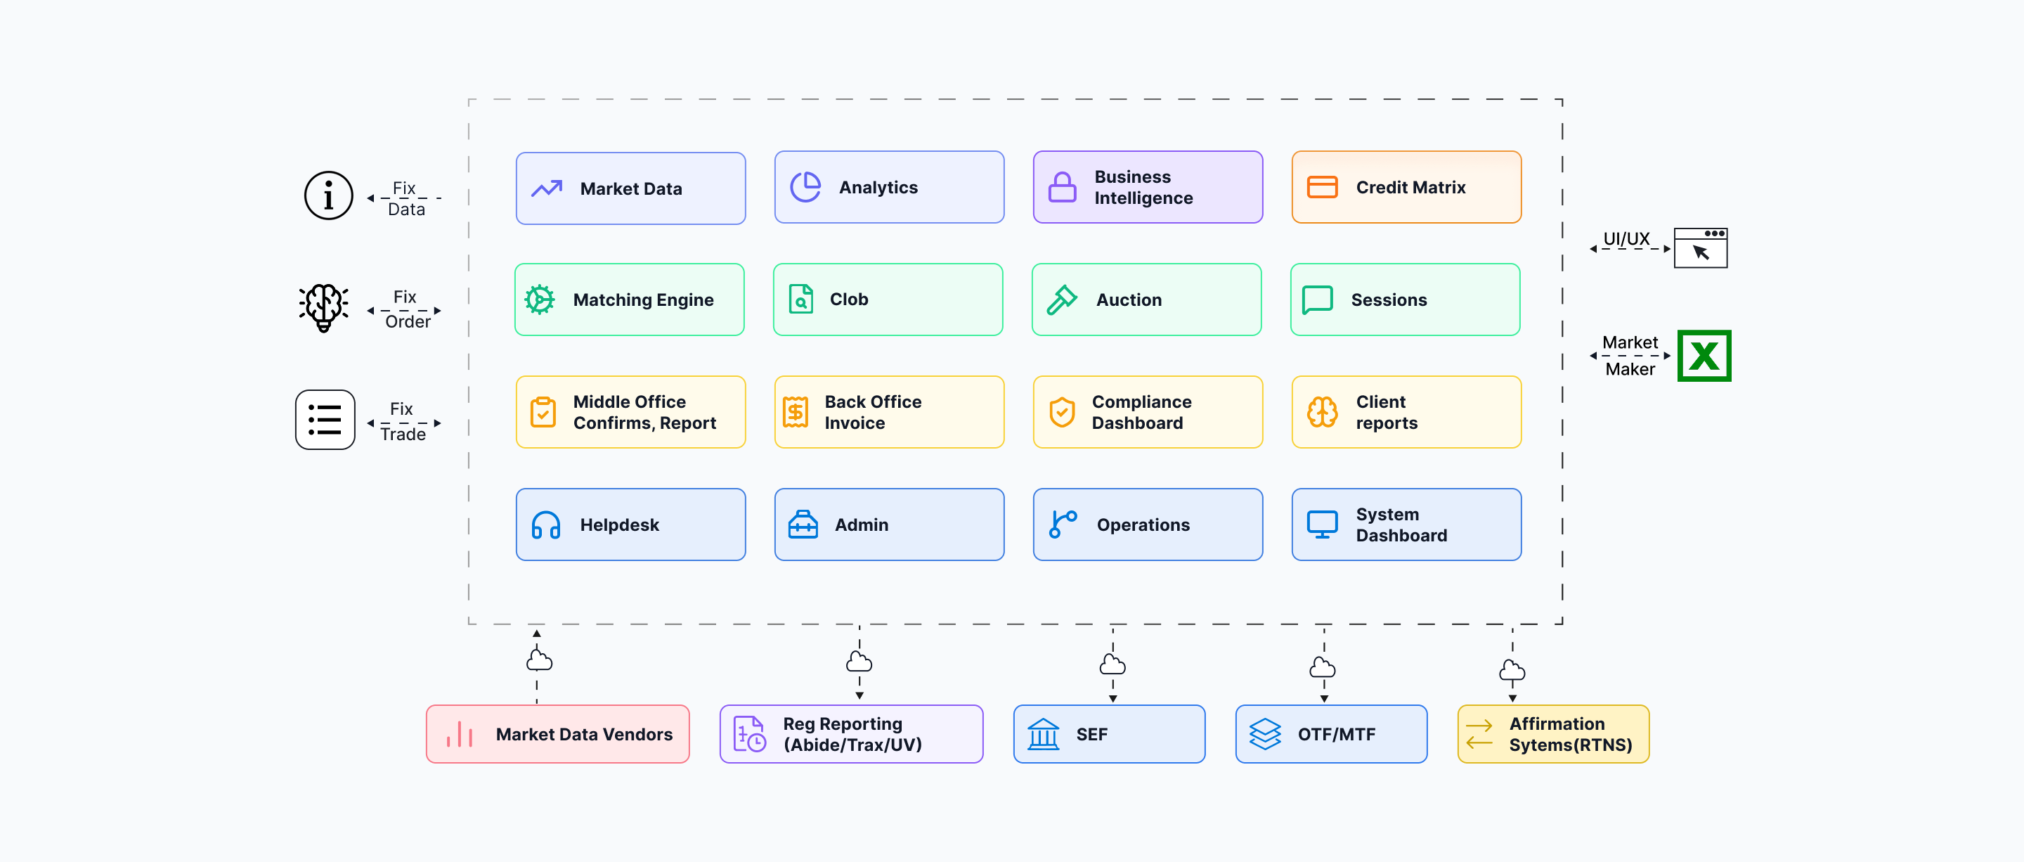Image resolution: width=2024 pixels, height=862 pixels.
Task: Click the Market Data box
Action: click(630, 188)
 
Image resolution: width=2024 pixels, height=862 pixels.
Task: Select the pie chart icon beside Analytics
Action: click(805, 187)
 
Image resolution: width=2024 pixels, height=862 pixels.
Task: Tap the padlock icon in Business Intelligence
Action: click(1063, 187)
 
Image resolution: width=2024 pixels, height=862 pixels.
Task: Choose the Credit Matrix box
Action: click(1406, 187)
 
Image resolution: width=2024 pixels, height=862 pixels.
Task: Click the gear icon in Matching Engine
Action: click(540, 300)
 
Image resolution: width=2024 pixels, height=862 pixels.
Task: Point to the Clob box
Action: click(888, 300)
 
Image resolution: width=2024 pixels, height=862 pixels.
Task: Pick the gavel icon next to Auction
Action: click(1061, 300)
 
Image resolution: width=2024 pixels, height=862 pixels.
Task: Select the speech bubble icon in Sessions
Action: click(1318, 300)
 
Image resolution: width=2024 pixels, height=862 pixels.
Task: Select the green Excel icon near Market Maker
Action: click(1704, 356)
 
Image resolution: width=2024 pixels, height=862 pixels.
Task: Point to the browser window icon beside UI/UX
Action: click(1700, 247)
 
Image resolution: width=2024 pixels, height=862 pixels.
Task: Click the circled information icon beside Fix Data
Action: click(328, 195)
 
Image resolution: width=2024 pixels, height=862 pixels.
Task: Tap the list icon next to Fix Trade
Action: click(325, 420)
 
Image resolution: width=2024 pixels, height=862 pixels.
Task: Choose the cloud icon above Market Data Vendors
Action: click(539, 660)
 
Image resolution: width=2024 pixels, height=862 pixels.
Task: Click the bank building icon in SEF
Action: click(1044, 734)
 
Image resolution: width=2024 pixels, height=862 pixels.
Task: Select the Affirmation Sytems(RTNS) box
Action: click(1553, 734)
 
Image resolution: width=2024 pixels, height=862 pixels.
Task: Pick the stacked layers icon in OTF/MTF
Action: click(1265, 734)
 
